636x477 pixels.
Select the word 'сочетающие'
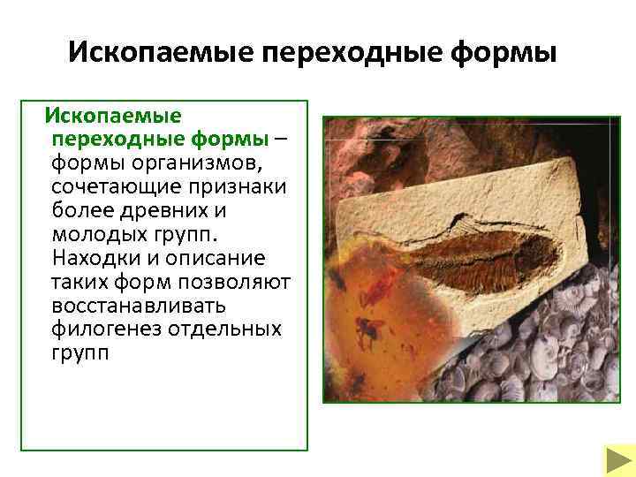click(104, 187)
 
